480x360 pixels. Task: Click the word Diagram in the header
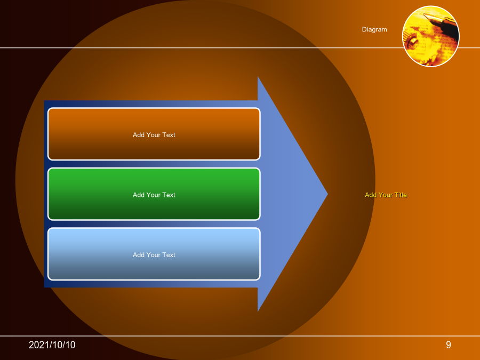coord(374,30)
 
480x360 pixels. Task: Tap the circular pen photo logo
coord(431,36)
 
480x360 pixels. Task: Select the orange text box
coord(154,134)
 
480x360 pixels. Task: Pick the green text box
coord(154,194)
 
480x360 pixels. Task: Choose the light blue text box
coord(154,254)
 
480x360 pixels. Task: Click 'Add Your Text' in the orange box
coord(154,135)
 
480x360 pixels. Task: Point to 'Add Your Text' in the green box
coord(154,195)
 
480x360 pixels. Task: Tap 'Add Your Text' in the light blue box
coord(154,255)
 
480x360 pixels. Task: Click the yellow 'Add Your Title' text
coord(386,195)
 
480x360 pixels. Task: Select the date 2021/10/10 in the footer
coord(52,345)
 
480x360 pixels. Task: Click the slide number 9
coord(449,345)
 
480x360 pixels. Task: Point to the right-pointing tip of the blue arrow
coord(327,194)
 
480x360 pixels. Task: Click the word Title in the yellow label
coord(401,195)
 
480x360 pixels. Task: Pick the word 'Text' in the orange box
coord(169,135)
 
